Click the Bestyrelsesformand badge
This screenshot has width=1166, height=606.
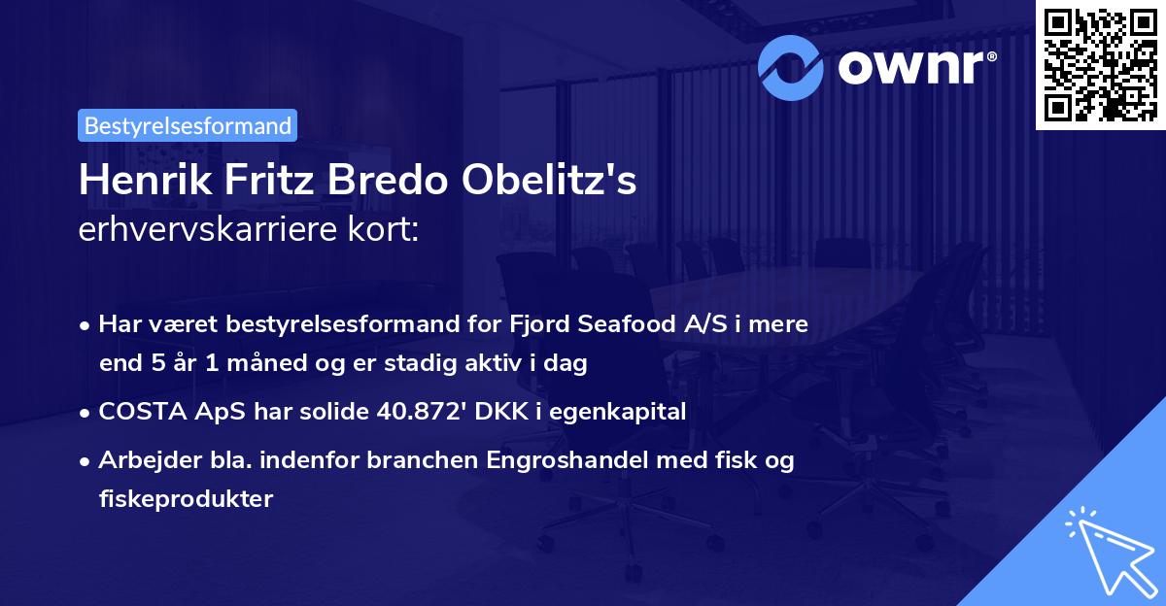pos(188,125)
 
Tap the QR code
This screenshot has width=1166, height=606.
pos(1100,65)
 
